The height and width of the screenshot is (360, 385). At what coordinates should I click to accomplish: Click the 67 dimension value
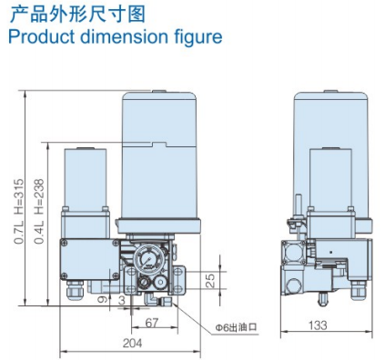pyautogui.click(x=151, y=323)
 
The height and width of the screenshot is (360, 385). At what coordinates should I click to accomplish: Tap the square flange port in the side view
pyautogui.click(x=297, y=252)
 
